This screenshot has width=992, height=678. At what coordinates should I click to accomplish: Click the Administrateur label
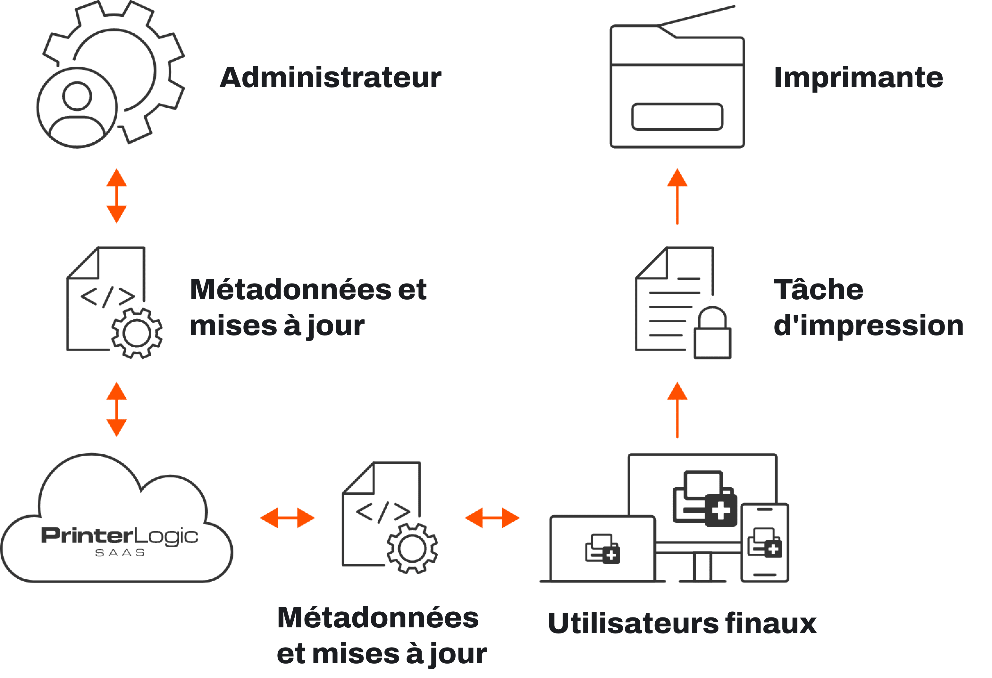click(330, 78)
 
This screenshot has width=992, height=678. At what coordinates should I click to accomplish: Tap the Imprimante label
click(858, 78)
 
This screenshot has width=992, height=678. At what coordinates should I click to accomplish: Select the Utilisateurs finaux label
click(682, 624)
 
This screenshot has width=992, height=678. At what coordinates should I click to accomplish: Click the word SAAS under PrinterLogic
click(120, 553)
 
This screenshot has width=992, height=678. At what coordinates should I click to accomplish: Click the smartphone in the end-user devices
click(764, 543)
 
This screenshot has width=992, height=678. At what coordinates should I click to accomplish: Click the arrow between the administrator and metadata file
click(116, 196)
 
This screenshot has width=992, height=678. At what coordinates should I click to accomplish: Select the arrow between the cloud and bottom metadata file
click(287, 518)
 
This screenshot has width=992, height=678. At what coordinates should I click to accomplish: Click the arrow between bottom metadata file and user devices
click(492, 518)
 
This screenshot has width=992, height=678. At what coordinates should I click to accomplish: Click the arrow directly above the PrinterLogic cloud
click(116, 409)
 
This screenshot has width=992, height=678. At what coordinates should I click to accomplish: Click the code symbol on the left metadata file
click(107, 297)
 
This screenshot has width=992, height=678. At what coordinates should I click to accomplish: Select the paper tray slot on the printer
click(677, 117)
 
